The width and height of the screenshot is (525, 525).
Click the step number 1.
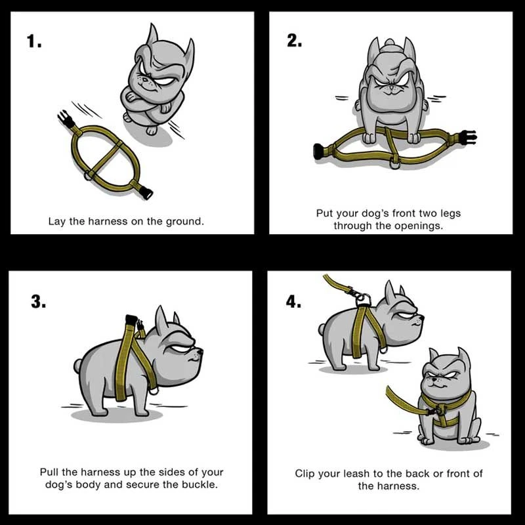pos(34,41)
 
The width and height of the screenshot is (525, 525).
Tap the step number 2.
pos(294,41)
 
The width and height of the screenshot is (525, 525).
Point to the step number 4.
pos(293,302)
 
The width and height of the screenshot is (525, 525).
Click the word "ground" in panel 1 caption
pos(185,222)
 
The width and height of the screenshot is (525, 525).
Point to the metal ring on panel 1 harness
pos(89,175)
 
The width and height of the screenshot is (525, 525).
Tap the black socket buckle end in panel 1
pos(146,193)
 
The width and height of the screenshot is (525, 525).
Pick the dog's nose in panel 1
pos(144,79)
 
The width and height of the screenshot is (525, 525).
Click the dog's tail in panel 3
pos(78,366)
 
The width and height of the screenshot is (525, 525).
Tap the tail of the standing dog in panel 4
pos(322,329)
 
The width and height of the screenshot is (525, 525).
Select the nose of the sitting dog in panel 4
pos(434,381)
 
